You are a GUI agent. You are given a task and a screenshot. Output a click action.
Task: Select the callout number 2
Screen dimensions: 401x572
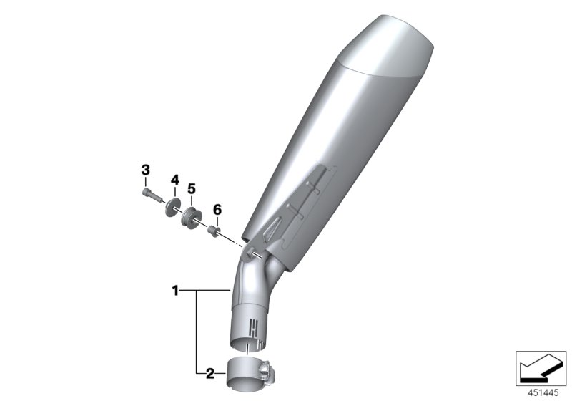click(209, 372)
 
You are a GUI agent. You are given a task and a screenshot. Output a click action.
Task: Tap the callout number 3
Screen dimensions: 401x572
click(146, 170)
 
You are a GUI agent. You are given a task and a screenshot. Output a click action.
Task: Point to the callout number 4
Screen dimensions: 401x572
click(174, 180)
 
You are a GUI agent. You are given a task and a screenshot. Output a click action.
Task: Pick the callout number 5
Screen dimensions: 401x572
click(191, 188)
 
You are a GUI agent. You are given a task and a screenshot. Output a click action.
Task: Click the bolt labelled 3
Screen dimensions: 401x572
click(148, 193)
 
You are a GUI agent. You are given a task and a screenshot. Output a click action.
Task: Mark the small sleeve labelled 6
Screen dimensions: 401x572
click(212, 231)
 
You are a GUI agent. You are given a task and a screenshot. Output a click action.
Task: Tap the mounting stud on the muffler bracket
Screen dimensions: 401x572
click(249, 252)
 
